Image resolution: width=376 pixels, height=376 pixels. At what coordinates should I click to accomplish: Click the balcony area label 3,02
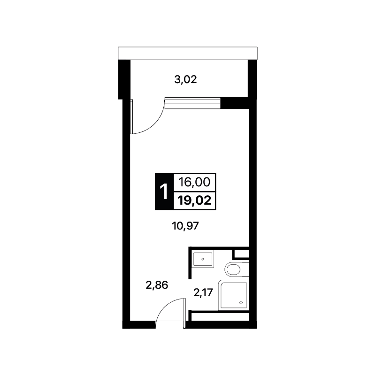(185, 79)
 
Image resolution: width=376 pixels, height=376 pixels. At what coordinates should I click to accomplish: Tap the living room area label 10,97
(185, 226)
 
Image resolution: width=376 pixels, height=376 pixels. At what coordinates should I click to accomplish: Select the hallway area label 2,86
(157, 285)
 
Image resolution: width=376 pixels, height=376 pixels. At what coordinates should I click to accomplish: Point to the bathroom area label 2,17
(203, 292)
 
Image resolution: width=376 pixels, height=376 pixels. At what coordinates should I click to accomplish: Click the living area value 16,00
(194, 182)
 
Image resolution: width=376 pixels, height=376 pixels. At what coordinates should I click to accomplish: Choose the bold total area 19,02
(194, 200)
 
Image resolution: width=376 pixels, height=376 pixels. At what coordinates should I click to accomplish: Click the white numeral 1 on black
(164, 192)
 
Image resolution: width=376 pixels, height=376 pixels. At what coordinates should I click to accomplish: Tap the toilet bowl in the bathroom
(233, 269)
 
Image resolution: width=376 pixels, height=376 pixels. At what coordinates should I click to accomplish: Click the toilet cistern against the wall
(246, 269)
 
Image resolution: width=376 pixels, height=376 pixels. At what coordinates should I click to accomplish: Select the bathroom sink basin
(203, 259)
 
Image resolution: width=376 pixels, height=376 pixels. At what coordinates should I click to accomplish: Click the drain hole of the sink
(203, 259)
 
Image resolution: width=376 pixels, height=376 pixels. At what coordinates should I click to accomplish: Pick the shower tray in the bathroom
(234, 295)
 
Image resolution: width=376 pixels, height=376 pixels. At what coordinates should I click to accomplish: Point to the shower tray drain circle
(241, 303)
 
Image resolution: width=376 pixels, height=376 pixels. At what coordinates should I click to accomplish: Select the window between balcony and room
(192, 103)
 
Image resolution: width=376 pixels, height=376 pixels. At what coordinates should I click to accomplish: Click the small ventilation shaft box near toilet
(241, 254)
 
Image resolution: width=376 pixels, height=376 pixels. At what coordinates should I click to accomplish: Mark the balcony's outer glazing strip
(188, 53)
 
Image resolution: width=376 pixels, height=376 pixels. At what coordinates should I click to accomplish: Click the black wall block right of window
(235, 103)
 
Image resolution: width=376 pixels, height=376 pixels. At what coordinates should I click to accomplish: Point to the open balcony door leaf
(131, 116)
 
